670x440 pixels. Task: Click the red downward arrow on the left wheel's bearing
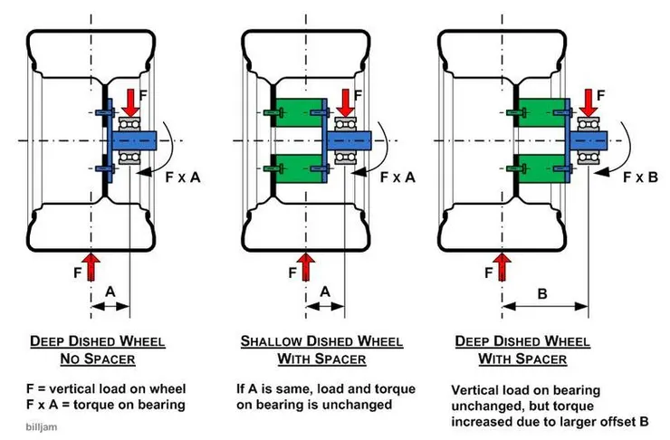(129, 100)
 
